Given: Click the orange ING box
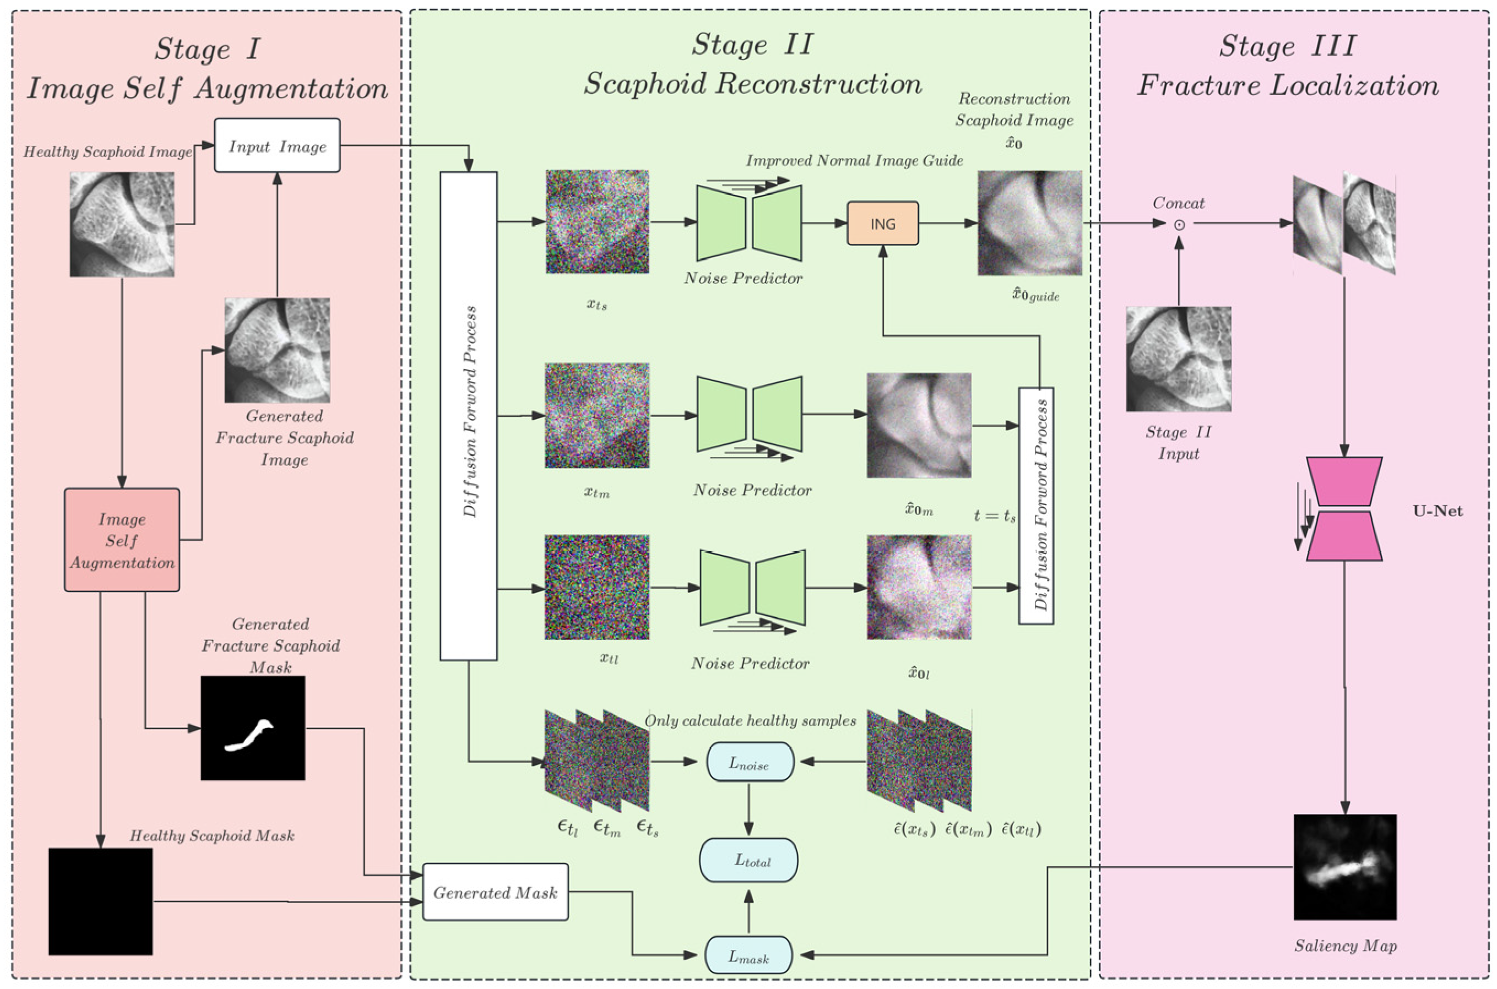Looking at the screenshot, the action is (x=882, y=223).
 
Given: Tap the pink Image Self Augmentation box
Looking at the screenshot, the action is (x=122, y=540).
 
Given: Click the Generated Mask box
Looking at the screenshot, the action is (x=495, y=892).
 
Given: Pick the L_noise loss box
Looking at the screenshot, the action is (x=749, y=762).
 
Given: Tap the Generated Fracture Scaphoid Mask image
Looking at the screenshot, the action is (x=252, y=728).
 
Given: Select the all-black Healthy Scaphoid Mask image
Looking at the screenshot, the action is (x=100, y=901).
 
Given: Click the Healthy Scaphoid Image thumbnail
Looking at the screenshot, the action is (x=122, y=225).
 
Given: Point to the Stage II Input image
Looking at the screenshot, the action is (x=1179, y=359).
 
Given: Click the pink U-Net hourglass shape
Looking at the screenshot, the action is (x=1344, y=509).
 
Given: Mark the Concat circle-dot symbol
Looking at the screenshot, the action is (x=1179, y=225).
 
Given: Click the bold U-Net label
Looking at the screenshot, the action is (x=1438, y=511).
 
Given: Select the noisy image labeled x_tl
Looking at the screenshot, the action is (x=597, y=587).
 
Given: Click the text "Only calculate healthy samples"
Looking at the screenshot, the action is (x=750, y=720).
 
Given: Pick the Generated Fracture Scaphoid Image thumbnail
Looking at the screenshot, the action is (x=277, y=350).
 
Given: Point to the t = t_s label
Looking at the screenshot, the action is (x=995, y=515).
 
